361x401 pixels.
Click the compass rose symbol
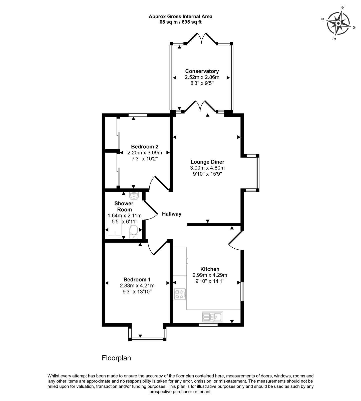338,23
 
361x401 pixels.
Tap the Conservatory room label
202,71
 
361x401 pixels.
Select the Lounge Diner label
207,162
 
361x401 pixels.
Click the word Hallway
172,214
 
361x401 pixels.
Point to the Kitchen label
210,269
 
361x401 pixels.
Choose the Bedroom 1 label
137,279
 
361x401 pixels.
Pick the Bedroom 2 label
145,147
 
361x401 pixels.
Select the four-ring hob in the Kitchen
180,294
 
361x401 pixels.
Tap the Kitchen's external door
235,240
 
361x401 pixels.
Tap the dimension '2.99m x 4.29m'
210,275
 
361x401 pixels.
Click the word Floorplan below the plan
116,358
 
